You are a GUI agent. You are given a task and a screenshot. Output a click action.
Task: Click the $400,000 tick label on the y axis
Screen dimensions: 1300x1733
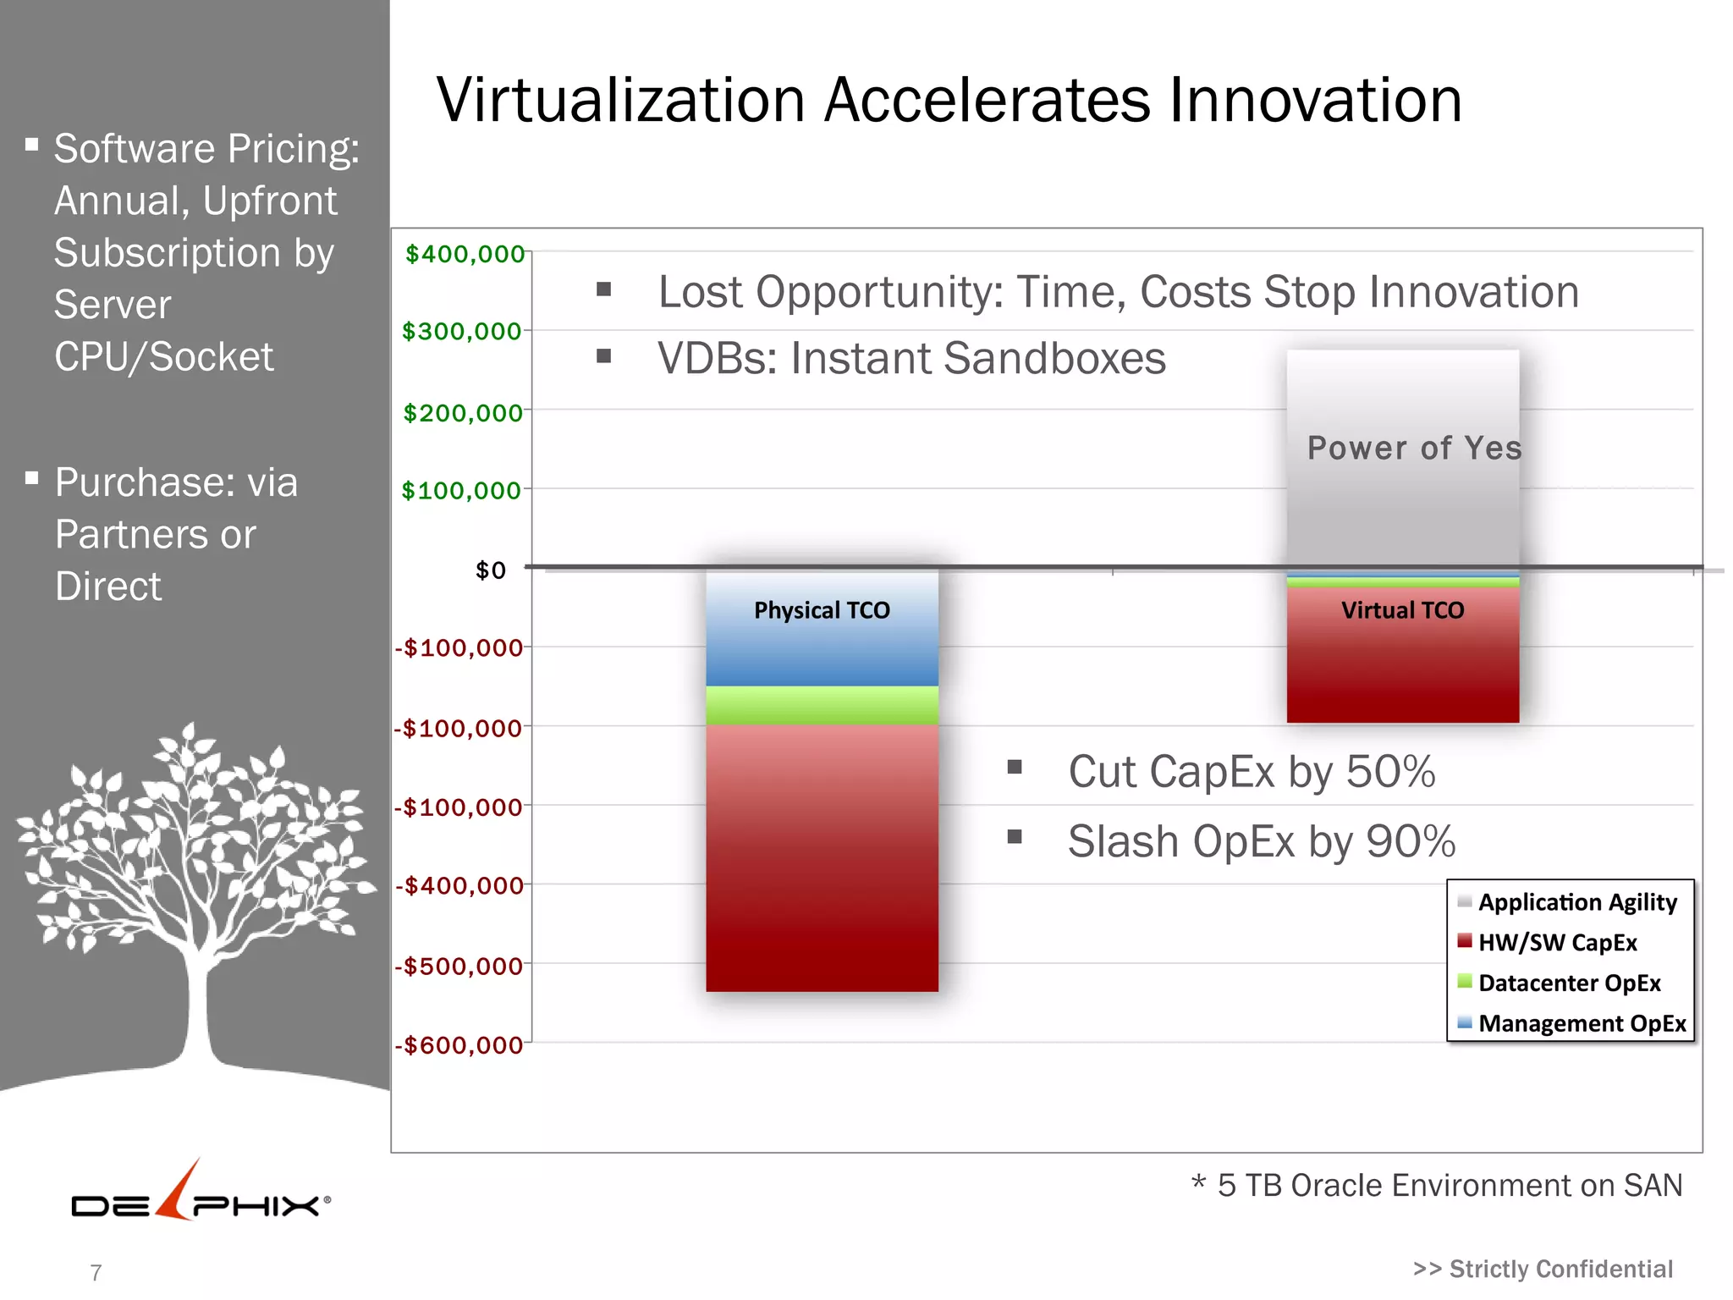[x=465, y=254]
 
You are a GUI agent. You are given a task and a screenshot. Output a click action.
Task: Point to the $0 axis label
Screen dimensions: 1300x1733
[x=490, y=570]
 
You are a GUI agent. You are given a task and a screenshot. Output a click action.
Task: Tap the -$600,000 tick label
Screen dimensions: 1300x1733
[x=459, y=1045]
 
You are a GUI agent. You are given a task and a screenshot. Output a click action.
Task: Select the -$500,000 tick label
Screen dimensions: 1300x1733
[x=459, y=966]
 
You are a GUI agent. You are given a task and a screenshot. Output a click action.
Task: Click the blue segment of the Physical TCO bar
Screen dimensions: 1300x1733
[x=822, y=652]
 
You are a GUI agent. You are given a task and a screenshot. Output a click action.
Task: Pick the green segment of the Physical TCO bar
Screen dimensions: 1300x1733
[x=822, y=705]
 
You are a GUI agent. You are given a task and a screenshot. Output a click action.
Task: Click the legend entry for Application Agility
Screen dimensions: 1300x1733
[x=1576, y=902]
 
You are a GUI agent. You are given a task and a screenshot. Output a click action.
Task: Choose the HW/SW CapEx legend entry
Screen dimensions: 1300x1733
[x=1557, y=943]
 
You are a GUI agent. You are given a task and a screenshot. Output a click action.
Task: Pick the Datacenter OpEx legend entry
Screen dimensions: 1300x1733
[x=1569, y=983]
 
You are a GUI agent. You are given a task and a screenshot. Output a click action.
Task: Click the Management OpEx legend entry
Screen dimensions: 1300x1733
[x=1582, y=1024]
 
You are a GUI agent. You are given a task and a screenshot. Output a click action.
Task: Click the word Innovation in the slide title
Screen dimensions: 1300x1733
[x=1316, y=100]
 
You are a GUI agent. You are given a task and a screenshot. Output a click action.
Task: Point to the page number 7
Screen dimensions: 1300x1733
[x=96, y=1273]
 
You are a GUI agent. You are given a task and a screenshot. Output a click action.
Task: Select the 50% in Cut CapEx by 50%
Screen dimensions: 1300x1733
[x=1390, y=772]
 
